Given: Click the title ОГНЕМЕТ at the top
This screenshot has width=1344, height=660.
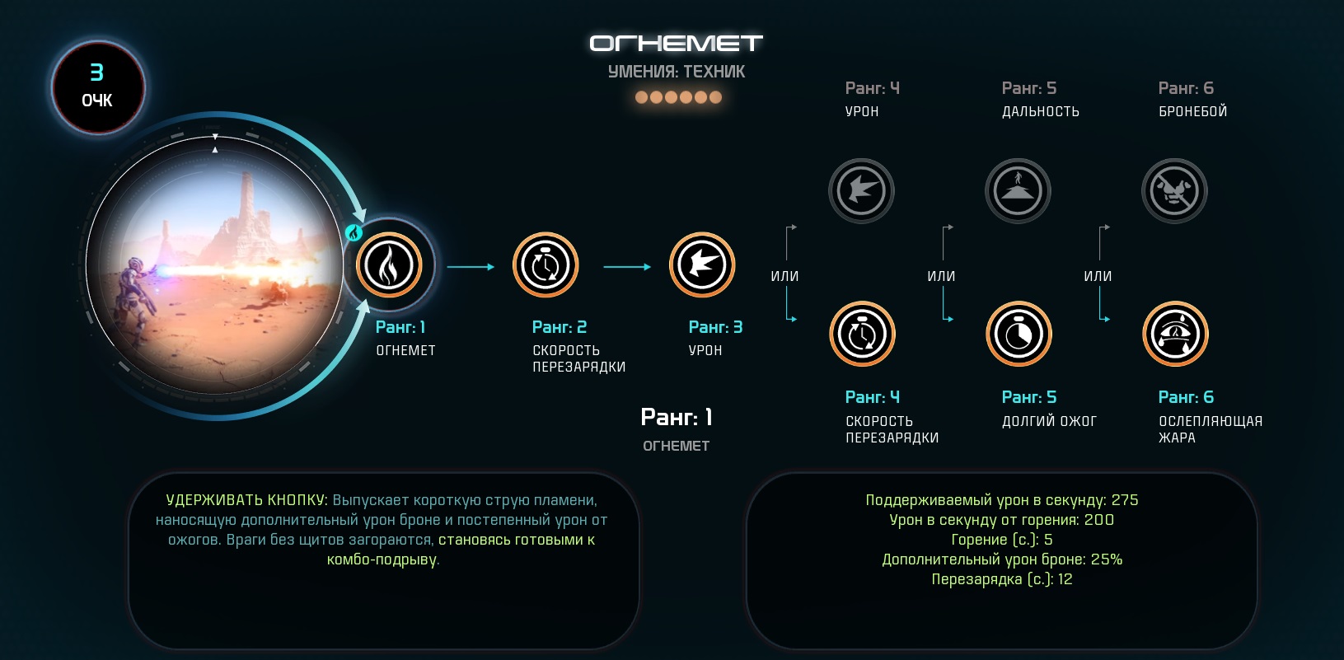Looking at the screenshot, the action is pos(676,43).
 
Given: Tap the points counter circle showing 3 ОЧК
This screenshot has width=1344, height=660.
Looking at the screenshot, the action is pos(97,87).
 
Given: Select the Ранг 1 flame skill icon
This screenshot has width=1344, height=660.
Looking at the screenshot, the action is pos(389,265).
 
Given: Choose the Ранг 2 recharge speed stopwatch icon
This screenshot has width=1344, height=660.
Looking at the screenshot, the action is pos(546,265).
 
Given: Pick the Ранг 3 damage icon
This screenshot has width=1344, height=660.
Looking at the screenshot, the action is pos(702,265).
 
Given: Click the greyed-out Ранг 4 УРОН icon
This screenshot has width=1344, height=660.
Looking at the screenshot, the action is pos(862,191).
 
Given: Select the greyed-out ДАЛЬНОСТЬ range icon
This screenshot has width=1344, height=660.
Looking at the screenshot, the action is pos(1019,191).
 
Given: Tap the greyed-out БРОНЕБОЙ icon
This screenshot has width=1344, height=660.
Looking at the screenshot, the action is pos(1174,191).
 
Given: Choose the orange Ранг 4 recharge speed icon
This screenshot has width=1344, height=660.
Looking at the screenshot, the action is pos(862,335).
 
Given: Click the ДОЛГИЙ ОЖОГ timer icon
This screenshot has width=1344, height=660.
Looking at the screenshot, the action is pos(1019,335).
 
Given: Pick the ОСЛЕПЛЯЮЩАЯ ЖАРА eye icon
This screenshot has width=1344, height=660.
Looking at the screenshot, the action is pos(1175,335).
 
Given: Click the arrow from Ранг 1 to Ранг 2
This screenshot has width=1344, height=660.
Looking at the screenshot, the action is pos(471,266).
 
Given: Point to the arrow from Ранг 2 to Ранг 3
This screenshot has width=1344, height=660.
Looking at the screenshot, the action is pos(627,266).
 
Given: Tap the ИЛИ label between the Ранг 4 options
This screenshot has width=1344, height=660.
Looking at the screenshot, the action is pos(784,276).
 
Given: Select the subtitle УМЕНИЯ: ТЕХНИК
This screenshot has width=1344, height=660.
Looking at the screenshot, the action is pos(677,72).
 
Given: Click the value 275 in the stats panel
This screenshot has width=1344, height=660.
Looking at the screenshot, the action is pos(1125,500).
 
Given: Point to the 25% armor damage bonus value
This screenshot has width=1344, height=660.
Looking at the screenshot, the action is pos(1107,559).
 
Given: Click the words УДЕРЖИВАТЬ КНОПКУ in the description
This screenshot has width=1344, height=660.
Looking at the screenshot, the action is pos(246,500).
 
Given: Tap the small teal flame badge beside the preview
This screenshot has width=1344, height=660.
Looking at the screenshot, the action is pos(354,232).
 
